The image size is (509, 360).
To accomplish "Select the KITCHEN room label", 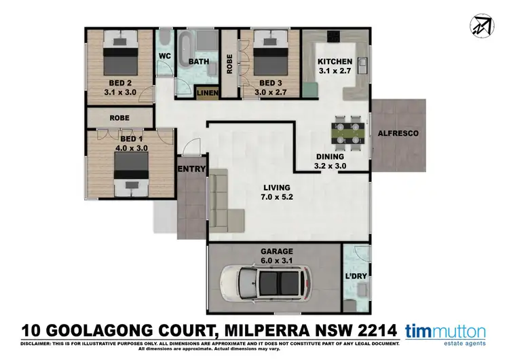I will click(335, 62).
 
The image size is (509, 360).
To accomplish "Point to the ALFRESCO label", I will click(398, 133).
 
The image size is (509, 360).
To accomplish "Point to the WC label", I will click(165, 56).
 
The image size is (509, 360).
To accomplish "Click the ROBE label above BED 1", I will click(120, 118).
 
